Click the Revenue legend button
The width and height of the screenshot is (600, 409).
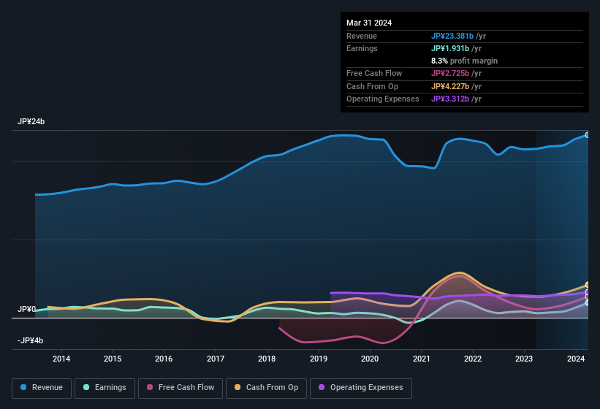point(42,388)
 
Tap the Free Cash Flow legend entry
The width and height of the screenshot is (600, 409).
point(181,388)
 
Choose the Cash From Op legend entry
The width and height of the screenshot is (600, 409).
point(267,388)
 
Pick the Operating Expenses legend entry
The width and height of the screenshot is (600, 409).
point(360,388)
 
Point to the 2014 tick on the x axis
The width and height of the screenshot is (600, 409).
point(61,359)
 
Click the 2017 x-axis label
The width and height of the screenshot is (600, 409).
point(216,359)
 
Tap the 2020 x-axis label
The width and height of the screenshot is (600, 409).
point(370,359)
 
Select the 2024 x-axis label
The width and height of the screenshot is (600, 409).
point(575,359)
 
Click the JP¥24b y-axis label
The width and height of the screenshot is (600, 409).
point(31,122)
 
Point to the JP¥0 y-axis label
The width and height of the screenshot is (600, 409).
point(26,310)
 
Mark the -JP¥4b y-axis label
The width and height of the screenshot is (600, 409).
point(30,341)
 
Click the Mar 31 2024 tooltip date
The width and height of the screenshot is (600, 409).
point(369,23)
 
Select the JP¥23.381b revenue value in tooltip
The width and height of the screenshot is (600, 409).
point(456,36)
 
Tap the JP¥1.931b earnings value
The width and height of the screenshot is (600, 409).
point(453,48)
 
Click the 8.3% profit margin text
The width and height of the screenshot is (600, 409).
point(464,61)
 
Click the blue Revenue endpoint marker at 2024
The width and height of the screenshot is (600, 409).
point(588,135)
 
